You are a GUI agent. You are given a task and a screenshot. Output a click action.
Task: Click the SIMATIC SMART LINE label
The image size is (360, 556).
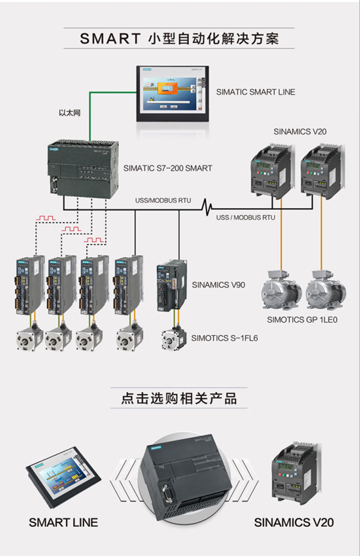256,92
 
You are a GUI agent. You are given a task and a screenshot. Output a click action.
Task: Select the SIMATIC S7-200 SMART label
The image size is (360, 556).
167,168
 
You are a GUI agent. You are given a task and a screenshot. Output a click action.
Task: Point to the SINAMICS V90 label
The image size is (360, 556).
218,285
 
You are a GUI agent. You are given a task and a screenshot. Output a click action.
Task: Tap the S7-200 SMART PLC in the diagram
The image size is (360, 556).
83,169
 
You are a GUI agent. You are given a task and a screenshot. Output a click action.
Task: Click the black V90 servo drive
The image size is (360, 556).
170,287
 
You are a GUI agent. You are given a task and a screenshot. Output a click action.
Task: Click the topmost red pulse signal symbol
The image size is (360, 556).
46,218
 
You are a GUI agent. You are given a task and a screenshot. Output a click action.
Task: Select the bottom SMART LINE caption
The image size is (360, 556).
63,522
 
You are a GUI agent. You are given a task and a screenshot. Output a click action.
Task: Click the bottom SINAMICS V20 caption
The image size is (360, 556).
294,522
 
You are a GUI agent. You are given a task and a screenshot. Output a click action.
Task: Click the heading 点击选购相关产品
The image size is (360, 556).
179,399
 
